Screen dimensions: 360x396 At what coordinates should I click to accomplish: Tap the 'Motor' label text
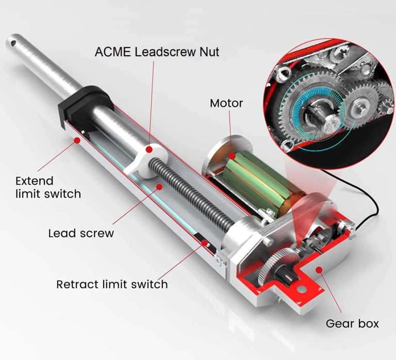(226, 103)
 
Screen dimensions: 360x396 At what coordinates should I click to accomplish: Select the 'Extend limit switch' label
(48, 187)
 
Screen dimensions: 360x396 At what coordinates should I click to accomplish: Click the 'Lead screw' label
(81, 233)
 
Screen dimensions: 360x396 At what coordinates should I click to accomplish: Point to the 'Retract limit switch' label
(112, 284)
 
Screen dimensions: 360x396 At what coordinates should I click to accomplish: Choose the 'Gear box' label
(352, 324)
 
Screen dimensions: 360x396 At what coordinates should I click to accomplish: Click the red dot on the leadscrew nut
(149, 150)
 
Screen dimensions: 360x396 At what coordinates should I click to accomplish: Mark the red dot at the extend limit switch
(77, 140)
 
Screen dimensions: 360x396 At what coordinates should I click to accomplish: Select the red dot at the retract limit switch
(205, 243)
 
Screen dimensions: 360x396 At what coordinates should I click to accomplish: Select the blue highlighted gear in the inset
(315, 110)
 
